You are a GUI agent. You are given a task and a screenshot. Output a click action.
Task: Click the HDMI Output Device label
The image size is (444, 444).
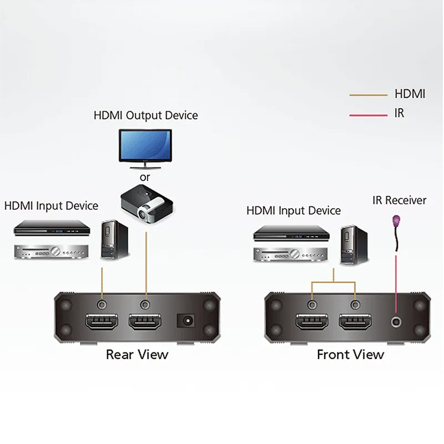145,115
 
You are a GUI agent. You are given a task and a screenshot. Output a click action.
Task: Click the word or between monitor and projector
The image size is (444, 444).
145,178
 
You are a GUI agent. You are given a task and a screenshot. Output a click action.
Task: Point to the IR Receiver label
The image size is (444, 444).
399,200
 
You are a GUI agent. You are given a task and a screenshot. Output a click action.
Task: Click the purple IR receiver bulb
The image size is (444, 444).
396,220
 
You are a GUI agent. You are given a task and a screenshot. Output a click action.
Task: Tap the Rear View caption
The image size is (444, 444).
137,355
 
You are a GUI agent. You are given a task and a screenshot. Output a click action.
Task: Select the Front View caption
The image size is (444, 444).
350,355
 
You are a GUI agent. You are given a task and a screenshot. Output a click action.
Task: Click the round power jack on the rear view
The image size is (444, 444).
186,321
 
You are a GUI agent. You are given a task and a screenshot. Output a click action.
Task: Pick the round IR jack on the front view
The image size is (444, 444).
396,322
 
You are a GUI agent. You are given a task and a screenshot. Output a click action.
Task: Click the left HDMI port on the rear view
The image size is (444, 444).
102,322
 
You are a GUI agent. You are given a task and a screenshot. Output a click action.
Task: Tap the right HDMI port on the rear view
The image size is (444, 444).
145,322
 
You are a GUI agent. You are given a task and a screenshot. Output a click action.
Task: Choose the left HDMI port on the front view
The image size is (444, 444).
312,322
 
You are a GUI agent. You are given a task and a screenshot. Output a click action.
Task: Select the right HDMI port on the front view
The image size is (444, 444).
355,322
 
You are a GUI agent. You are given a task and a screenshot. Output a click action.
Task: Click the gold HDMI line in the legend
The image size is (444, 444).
369,95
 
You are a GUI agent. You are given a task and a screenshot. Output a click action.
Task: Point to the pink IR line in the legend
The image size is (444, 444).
369,115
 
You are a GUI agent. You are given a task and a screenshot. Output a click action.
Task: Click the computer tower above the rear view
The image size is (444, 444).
115,240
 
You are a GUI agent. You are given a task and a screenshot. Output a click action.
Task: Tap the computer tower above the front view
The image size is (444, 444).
354,245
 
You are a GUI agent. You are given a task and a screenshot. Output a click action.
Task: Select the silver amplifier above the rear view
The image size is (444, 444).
52,251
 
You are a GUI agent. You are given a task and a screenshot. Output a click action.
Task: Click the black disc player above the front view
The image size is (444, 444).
291,233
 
